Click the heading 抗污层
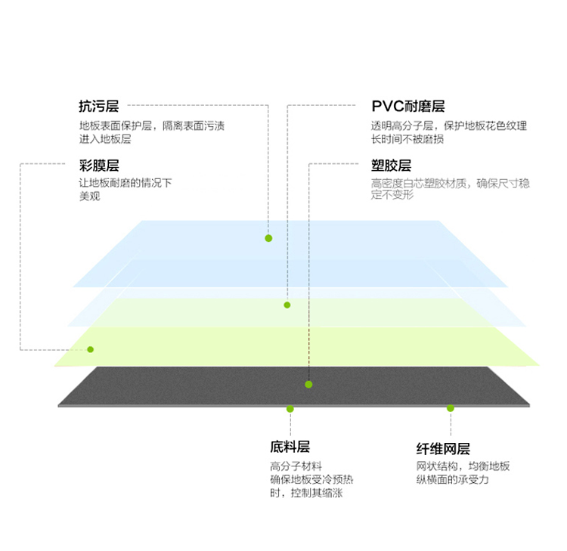pos(99,107)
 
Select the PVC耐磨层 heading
pos(408,107)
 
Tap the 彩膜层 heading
pos(99,166)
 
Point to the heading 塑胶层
pos(392,166)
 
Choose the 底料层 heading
pos(290,447)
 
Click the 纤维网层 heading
pos(443,449)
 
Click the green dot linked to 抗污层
pos(268,238)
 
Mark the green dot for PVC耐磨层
pos(287,305)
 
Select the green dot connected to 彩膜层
pos(91,349)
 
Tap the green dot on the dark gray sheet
pos(308,384)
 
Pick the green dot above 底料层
pos(290,409)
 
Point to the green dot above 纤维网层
pos(451,408)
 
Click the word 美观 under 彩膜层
pos(89,197)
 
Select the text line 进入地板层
pos(105,139)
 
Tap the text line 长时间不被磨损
pos(407,139)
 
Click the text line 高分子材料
pos(296,466)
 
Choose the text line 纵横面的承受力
pos(452,480)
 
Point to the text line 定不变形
pos(392,195)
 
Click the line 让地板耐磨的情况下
pos(125,183)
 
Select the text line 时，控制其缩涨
pos(306,493)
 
